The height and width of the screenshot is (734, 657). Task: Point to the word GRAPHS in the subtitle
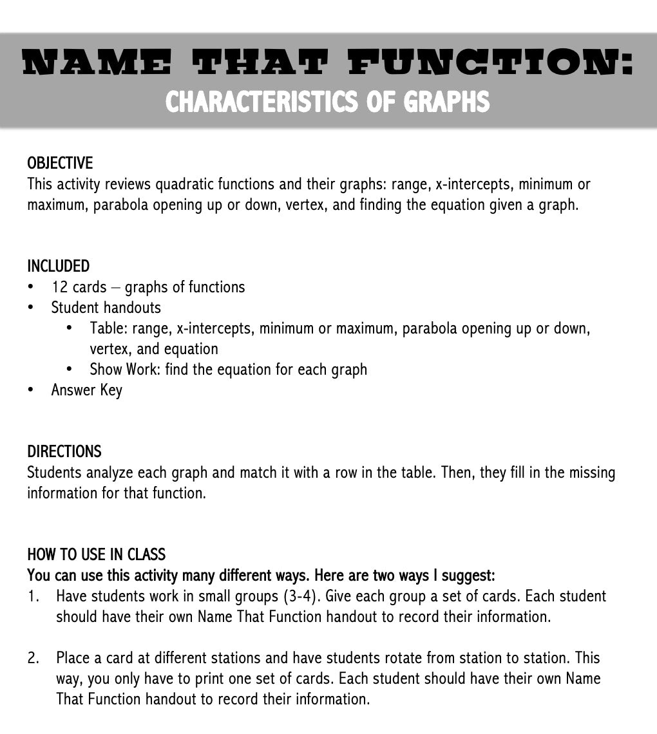tap(446, 101)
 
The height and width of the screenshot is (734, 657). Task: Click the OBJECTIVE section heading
tap(60, 163)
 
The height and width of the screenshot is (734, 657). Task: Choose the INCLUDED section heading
tap(58, 266)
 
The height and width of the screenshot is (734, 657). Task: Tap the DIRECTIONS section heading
tap(64, 451)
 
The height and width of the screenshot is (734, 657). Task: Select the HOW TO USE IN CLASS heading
tap(96, 554)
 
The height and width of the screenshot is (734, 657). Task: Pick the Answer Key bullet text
tap(87, 390)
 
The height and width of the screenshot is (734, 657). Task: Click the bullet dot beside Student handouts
tap(31, 307)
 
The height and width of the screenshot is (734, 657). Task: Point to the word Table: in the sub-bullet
tap(109, 328)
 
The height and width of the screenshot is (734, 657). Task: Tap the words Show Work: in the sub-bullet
tap(125, 369)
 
